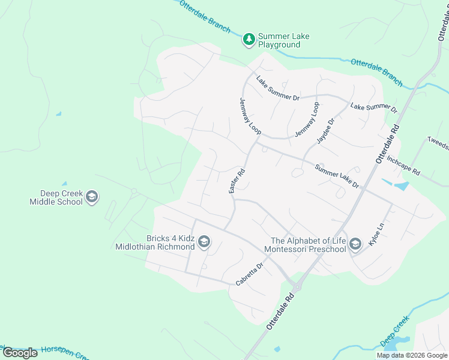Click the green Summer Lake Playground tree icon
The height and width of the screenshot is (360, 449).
249,40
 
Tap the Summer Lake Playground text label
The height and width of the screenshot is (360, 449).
283,40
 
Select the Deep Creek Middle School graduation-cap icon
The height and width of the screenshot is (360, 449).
92,197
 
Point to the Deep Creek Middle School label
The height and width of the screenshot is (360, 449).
56,197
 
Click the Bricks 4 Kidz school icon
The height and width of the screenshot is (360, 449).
204,242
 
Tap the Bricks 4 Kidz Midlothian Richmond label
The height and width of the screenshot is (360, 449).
155,242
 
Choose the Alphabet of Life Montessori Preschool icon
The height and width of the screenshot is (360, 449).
356,243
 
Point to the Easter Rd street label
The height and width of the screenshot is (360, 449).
237,181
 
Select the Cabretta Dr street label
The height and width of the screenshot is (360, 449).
250,274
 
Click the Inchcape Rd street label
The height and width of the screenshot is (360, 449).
403,166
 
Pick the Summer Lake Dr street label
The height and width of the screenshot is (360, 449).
337,176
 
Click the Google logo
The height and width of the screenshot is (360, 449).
20,353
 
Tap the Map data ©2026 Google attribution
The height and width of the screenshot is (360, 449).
412,355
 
